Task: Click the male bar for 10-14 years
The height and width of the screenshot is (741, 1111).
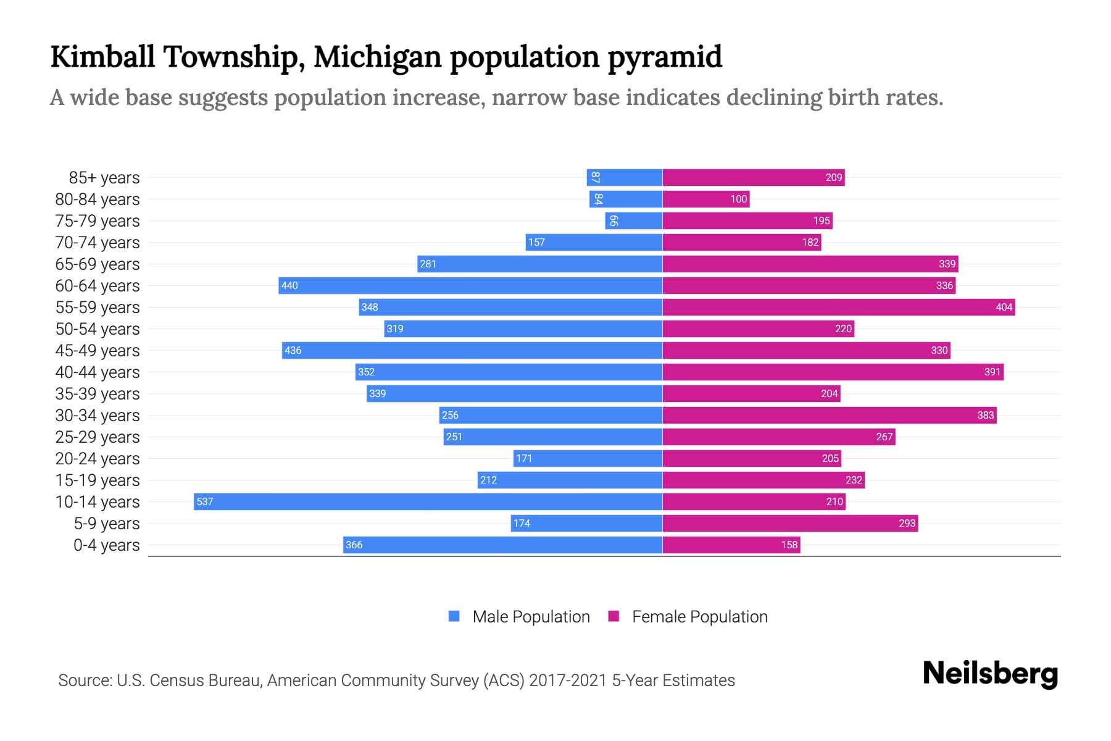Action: coord(428,501)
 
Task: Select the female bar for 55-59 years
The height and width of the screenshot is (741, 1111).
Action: coord(838,307)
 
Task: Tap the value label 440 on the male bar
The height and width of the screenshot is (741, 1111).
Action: coord(289,285)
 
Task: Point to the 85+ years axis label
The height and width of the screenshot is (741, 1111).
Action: coord(104,178)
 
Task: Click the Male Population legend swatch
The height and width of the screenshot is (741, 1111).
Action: coord(454,616)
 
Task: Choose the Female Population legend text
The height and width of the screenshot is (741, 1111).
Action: coord(699,616)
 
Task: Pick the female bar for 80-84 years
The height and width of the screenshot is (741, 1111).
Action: coord(705,199)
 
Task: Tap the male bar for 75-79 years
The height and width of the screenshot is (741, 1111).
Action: coord(634,220)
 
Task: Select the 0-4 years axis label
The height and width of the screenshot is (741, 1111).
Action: coord(106,545)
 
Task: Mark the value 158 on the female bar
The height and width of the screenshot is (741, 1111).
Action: coord(789,545)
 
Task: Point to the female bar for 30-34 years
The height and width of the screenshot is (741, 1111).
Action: coord(829,415)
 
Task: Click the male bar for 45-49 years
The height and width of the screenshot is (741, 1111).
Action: coord(472,350)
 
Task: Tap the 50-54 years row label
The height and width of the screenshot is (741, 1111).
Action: coord(98,329)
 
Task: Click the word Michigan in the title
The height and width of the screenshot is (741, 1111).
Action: coord(378,57)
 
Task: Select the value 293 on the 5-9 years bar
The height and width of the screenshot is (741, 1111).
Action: coord(907,523)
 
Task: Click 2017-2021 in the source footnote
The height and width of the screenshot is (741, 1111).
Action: coord(568,680)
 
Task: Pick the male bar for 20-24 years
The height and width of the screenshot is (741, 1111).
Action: coord(588,458)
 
